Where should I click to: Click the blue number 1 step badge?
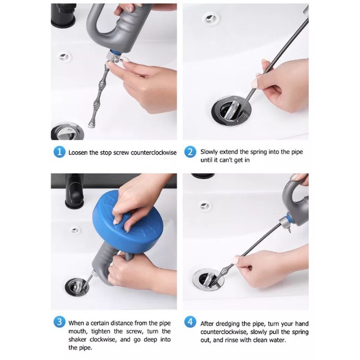(x=59, y=152)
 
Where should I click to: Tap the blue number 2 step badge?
(x=190, y=152)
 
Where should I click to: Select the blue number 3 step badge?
(x=59, y=322)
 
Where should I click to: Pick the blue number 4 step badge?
(x=190, y=322)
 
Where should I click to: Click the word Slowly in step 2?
(x=209, y=152)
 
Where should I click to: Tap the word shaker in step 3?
(x=77, y=339)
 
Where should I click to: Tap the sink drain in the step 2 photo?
(x=231, y=111)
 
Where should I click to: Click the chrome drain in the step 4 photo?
(x=208, y=280)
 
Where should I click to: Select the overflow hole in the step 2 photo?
(x=212, y=18)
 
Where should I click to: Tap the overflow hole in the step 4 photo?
(x=204, y=206)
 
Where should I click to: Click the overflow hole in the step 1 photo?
(x=64, y=57)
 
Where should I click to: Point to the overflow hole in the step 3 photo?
(x=75, y=230)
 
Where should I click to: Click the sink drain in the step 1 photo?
(x=66, y=131)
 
